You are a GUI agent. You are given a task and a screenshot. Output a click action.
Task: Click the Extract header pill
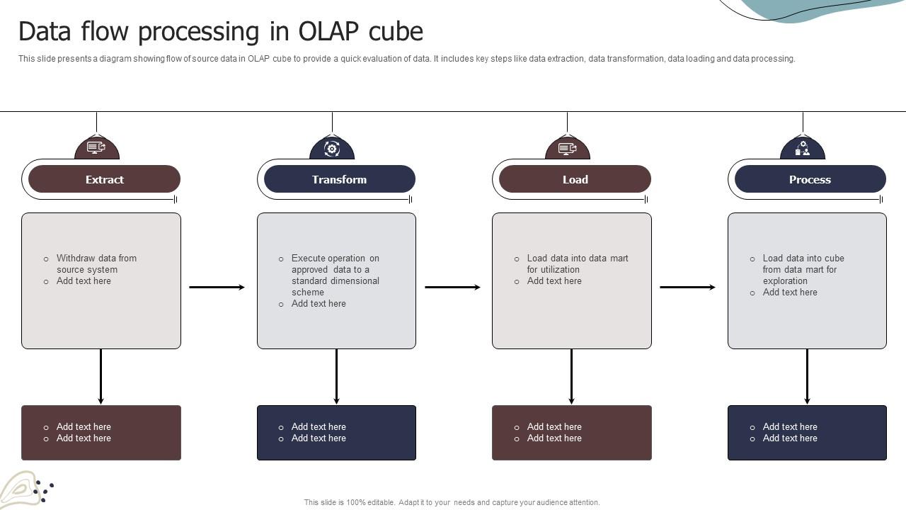(x=104, y=179)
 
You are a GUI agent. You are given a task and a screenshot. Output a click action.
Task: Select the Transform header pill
(x=339, y=179)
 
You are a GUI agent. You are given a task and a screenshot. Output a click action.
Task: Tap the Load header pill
(x=575, y=179)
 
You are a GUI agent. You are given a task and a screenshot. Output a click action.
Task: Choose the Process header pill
(x=810, y=179)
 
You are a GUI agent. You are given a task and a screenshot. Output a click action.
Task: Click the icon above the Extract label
(x=96, y=148)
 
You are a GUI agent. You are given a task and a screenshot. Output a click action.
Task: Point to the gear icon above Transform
(x=332, y=148)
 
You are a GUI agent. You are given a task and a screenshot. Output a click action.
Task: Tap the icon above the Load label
(x=567, y=148)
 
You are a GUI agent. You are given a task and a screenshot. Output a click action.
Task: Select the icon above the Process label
(x=803, y=148)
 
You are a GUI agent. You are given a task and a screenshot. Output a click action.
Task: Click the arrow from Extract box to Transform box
(x=217, y=287)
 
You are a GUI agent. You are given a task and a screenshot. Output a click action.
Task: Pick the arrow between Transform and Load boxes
(x=453, y=287)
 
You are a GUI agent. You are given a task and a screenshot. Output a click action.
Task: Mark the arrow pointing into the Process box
(x=688, y=287)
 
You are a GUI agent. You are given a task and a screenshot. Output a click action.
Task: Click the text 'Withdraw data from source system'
(x=96, y=263)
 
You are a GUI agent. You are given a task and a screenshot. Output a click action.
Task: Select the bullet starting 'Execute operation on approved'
(x=335, y=275)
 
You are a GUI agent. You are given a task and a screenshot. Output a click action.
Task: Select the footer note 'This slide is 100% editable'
(x=452, y=502)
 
